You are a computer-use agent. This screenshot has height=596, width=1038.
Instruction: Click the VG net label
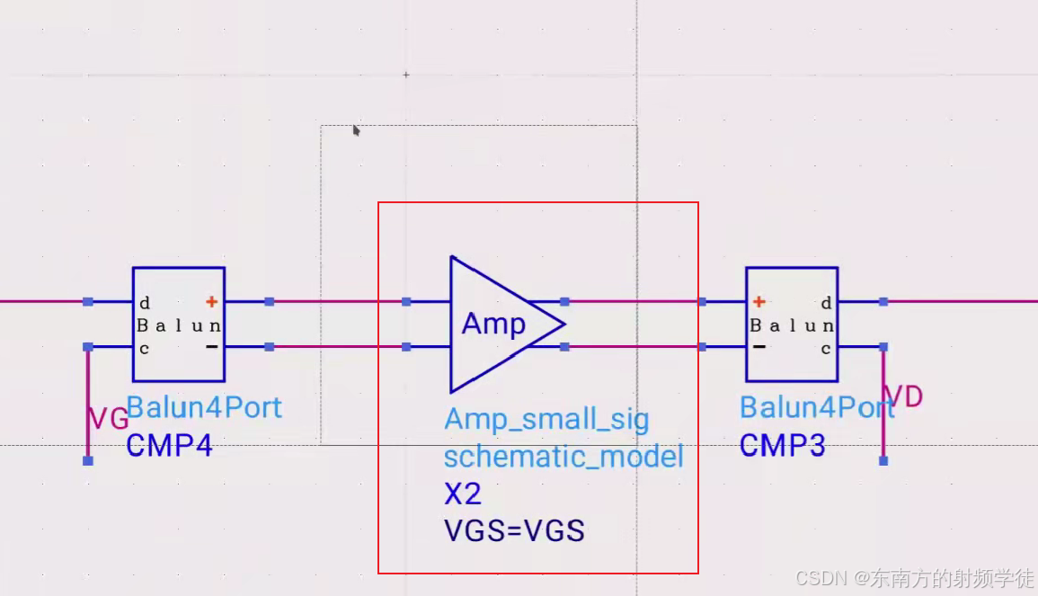pyautogui.click(x=108, y=418)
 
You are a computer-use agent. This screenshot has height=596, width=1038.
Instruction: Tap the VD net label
pyautogui.click(x=903, y=396)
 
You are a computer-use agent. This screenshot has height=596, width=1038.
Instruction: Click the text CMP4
pyautogui.click(x=169, y=445)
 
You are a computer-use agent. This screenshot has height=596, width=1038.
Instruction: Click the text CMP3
pyautogui.click(x=782, y=445)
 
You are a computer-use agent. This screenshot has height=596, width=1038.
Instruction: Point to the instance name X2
pyautogui.click(x=462, y=494)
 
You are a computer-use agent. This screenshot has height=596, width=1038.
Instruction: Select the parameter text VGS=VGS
pyautogui.click(x=514, y=530)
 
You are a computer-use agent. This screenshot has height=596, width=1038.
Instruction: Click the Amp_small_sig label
pyautogui.click(x=546, y=419)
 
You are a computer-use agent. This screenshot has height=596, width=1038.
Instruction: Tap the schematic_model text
pyautogui.click(x=563, y=457)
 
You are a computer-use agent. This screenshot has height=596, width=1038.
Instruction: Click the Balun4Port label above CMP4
pyautogui.click(x=204, y=407)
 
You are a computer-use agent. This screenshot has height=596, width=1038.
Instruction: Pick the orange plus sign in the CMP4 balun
pyautogui.click(x=211, y=302)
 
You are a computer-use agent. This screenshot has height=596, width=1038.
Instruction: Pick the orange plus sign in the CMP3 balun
pyautogui.click(x=759, y=302)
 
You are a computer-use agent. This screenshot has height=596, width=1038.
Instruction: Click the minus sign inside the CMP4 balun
pyautogui.click(x=211, y=347)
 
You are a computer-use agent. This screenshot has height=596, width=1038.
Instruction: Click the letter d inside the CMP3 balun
pyautogui.click(x=826, y=303)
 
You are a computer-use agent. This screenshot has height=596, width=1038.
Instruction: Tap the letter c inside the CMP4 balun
pyautogui.click(x=144, y=349)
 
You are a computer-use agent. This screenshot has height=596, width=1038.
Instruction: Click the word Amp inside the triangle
pyautogui.click(x=493, y=324)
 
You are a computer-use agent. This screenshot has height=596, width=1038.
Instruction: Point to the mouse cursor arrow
pyautogui.click(x=356, y=130)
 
